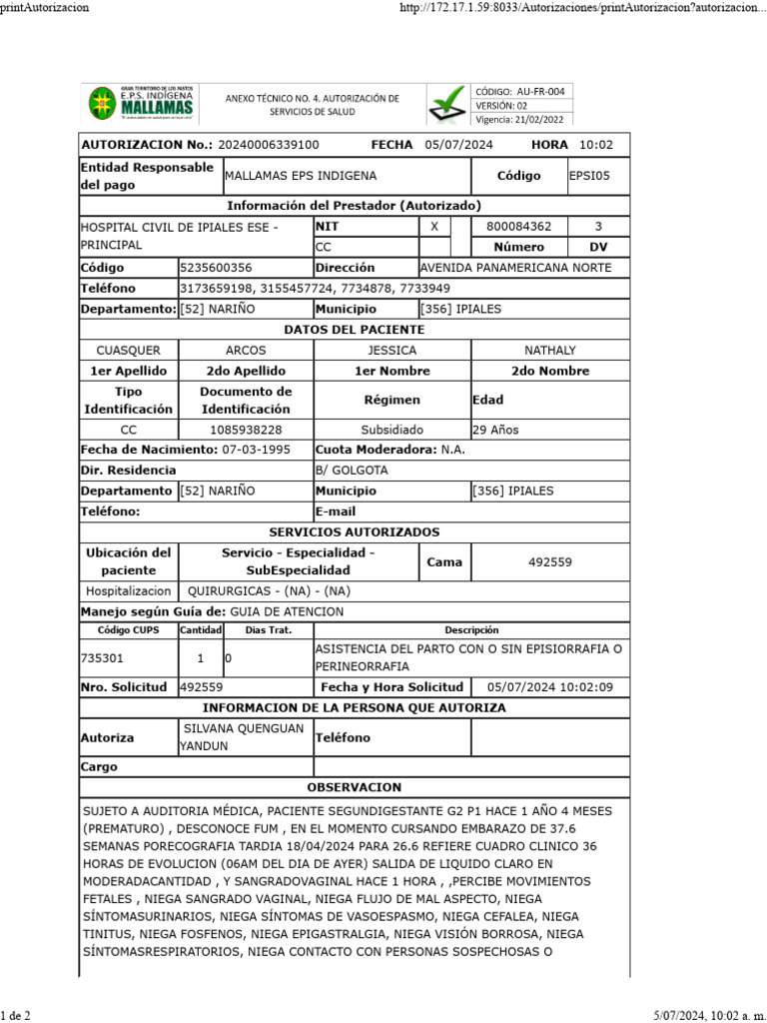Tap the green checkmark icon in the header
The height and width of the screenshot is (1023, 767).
(445, 104)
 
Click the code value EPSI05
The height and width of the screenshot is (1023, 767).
(589, 176)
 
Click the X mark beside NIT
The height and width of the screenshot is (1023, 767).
(433, 227)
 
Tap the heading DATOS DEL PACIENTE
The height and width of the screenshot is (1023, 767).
(355, 330)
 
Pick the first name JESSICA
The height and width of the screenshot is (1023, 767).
(391, 351)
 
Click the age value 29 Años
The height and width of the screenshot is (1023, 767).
(495, 430)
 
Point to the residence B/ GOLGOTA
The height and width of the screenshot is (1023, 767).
(352, 471)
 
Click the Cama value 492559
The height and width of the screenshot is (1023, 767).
(549, 562)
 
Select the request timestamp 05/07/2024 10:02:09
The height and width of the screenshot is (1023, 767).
(550, 687)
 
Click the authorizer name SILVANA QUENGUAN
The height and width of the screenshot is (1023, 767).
(244, 729)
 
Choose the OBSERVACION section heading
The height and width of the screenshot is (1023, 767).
(355, 787)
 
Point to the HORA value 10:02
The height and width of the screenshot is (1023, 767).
(596, 145)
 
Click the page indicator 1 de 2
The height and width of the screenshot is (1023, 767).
(16, 1015)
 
